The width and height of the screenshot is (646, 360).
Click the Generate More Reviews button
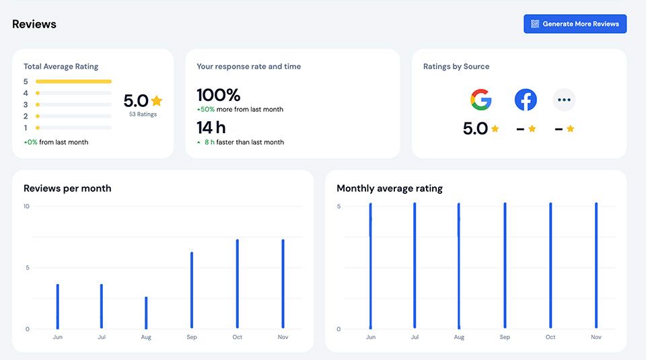[575, 24]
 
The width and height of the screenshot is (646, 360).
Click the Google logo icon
[480, 100]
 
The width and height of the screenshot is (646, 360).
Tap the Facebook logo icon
[526, 100]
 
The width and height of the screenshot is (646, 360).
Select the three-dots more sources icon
[564, 100]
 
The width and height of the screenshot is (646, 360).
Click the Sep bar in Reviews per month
[192, 291]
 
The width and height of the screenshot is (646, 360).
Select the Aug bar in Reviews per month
[146, 313]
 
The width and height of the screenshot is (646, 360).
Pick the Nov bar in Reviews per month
[283, 284]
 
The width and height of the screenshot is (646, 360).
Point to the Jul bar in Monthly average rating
[415, 266]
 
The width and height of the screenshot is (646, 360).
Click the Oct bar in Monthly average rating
[550, 266]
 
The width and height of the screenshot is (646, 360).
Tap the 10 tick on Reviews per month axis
[26, 206]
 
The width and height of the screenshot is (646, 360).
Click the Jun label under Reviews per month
[57, 337]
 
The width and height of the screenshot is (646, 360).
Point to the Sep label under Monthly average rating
[505, 337]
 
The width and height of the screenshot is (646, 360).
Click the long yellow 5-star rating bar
[73, 81]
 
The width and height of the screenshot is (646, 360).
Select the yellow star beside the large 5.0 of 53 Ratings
[157, 101]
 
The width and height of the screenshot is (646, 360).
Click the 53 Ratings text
[143, 114]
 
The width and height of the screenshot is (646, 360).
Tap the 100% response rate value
[218, 95]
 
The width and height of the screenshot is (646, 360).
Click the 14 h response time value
[211, 127]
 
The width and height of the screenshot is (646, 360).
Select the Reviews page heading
[34, 24]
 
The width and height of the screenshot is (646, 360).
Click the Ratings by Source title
[456, 67]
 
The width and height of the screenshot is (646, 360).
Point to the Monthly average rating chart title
[390, 188]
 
